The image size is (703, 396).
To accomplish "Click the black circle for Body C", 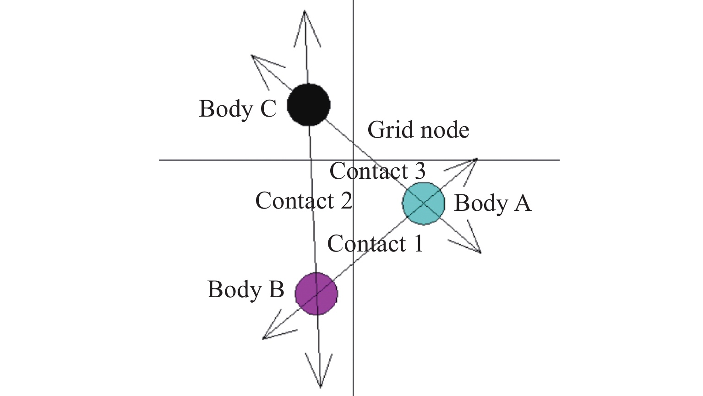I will pyautogui.click(x=309, y=105).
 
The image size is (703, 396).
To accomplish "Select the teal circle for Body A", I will pyautogui.click(x=423, y=203).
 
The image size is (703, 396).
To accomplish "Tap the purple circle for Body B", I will pyautogui.click(x=316, y=294).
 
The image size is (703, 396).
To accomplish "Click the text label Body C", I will pyautogui.click(x=238, y=109).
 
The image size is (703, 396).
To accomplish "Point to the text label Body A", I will pyautogui.click(x=492, y=203).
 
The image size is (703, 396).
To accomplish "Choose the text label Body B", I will pyautogui.click(x=245, y=289).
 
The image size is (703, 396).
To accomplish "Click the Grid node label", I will pyautogui.click(x=418, y=130).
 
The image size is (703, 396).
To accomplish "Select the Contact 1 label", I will pyautogui.click(x=375, y=244).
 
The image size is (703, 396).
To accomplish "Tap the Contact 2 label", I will pyautogui.click(x=304, y=201).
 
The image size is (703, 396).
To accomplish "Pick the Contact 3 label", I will pyautogui.click(x=377, y=171).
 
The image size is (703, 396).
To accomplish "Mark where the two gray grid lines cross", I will pyautogui.click(x=353, y=160).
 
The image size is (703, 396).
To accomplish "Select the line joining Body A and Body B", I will pyautogui.click(x=366, y=252).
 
